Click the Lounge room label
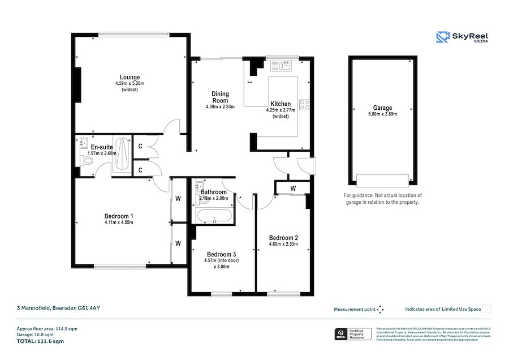click(130, 77)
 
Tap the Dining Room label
click(220, 97)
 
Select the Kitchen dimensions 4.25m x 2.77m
click(281, 110)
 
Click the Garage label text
click(382, 108)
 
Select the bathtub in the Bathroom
click(214, 216)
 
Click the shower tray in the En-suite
click(122, 155)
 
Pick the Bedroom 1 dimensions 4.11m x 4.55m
click(118, 222)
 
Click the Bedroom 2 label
click(283, 237)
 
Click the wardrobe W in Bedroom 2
click(292, 188)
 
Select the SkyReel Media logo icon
click(442, 37)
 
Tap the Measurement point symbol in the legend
click(380, 309)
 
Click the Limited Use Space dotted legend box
click(486, 308)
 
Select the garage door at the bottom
click(382, 181)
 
